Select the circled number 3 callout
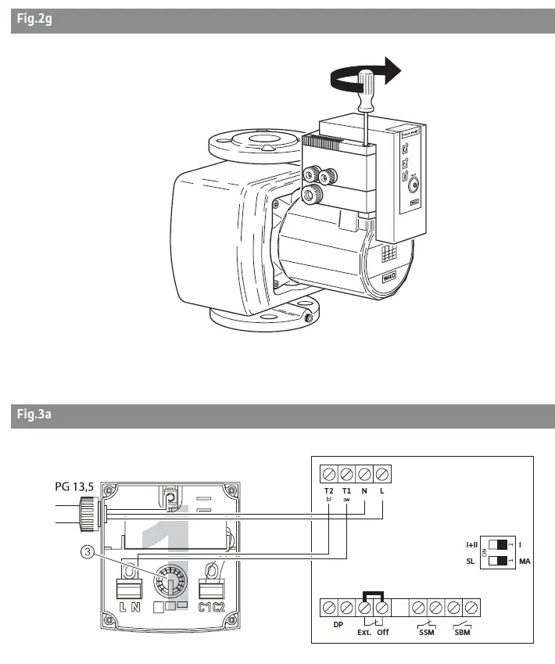click(88, 552)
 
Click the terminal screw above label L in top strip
click(382, 473)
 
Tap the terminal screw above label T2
click(328, 473)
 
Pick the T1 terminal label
click(347, 490)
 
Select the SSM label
click(427, 631)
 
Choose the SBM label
click(463, 631)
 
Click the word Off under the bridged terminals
click(383, 631)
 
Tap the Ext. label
click(363, 631)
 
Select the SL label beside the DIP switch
click(471, 562)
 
